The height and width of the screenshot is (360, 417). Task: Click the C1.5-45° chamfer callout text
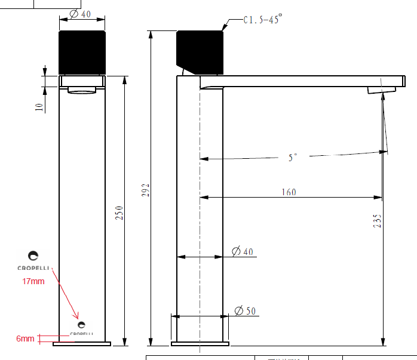[262, 20]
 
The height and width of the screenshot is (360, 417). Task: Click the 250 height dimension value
[118, 213]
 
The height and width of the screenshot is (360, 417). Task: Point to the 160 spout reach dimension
[289, 192]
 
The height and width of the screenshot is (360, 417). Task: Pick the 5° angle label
[292, 158]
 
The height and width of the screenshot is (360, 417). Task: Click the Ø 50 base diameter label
[244, 310]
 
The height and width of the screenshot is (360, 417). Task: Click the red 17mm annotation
[33, 281]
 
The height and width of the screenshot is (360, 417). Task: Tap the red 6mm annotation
[25, 339]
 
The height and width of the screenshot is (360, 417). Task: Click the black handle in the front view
[82, 53]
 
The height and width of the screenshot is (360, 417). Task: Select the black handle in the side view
[200, 50]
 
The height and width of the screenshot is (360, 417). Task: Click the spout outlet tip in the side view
[381, 90]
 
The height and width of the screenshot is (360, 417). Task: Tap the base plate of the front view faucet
[82, 343]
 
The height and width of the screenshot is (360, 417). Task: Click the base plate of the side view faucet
[200, 343]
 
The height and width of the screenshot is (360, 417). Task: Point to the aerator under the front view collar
[82, 91]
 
